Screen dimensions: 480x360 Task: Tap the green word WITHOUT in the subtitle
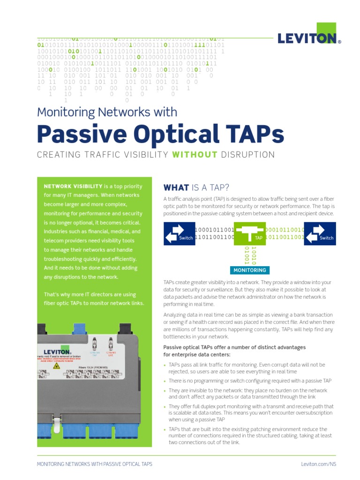point(195,155)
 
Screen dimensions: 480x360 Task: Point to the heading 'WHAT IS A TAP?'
point(196,188)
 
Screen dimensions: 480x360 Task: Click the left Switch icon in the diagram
point(179,233)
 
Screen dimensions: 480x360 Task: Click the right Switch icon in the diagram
point(320,233)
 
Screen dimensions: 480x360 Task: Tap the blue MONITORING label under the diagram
point(250,270)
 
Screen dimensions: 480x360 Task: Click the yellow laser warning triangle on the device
point(57,366)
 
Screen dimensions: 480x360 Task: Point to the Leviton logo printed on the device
point(58,351)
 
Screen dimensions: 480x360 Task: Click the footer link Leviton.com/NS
point(319,464)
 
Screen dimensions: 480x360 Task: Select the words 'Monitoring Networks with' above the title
point(107,112)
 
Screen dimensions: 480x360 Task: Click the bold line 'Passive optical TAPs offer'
point(234,347)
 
